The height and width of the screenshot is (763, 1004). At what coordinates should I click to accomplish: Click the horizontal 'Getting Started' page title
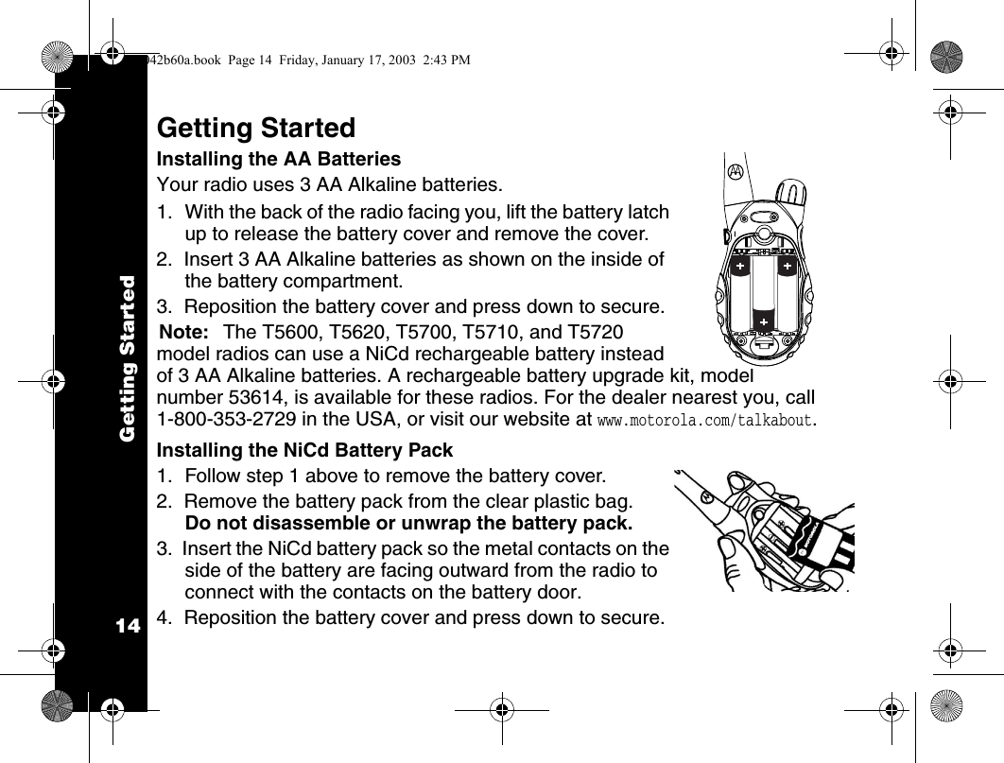click(x=256, y=128)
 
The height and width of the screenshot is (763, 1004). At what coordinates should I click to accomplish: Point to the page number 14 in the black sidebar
click(x=128, y=627)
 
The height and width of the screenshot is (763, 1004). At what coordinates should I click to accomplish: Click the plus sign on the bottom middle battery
click(x=764, y=322)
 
